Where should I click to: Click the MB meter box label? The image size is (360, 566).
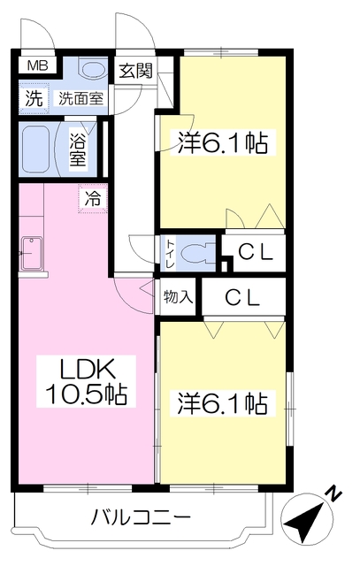click(x=37, y=66)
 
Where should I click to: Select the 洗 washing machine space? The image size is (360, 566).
click(x=34, y=98)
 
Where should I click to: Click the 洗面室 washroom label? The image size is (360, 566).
click(x=80, y=98)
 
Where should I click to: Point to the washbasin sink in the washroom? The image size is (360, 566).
click(x=93, y=69)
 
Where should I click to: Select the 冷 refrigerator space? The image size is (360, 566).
click(x=93, y=198)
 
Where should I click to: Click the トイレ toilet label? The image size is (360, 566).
click(x=170, y=254)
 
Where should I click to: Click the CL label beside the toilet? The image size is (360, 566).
click(x=256, y=252)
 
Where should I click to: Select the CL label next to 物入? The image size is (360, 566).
click(x=242, y=298)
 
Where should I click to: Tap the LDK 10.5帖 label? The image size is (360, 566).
click(x=87, y=381)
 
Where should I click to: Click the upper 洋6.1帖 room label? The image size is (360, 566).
click(x=223, y=143)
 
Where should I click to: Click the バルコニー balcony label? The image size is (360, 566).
click(x=141, y=518)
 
